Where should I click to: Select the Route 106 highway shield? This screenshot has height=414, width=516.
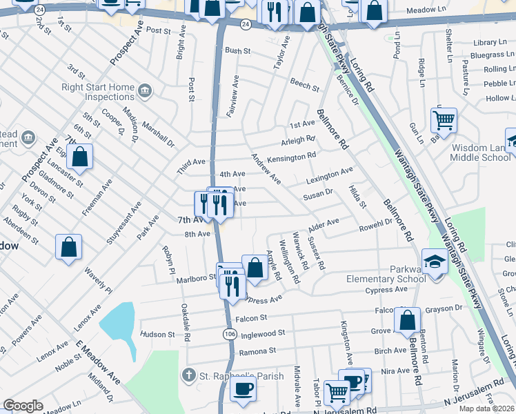pyautogui.click(x=228, y=334)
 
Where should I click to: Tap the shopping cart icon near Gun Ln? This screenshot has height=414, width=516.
pyautogui.click(x=444, y=120)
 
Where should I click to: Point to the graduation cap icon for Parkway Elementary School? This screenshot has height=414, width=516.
pyautogui.click(x=435, y=263)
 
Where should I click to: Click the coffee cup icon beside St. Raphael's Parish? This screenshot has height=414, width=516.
pyautogui.click(x=242, y=389)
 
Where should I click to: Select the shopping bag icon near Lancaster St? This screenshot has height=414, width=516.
pyautogui.click(x=80, y=157)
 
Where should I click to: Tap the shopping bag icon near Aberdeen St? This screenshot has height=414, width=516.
pyautogui.click(x=69, y=248)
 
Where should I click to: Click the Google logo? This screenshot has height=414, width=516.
pyautogui.click(x=23, y=406)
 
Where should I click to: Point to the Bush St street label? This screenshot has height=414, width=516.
pyautogui.click(x=237, y=50)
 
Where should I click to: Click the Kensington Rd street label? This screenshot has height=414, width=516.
pyautogui.click(x=291, y=158)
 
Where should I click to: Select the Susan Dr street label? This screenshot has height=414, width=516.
pyautogui.click(x=318, y=196)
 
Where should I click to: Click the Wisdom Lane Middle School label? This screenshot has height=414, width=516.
pyautogui.click(x=480, y=152)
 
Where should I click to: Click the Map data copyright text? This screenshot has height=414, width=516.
pyautogui.click(x=487, y=408)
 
